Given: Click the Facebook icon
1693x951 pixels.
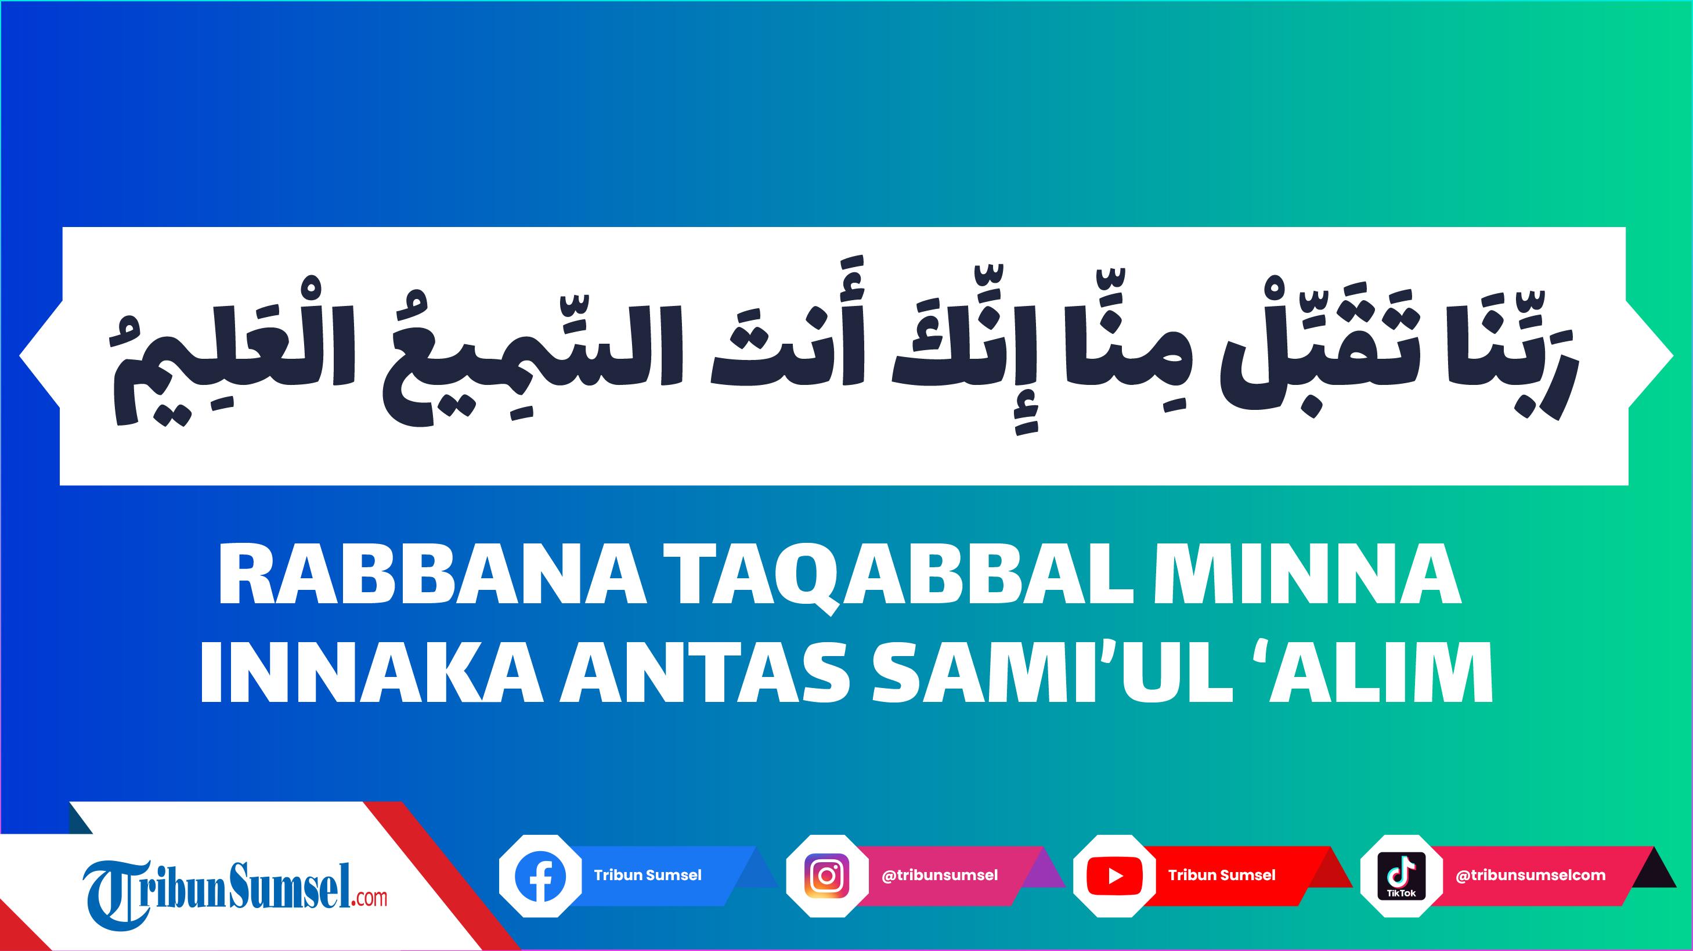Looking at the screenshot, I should [x=540, y=876].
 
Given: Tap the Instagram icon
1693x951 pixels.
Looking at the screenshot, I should [x=827, y=876].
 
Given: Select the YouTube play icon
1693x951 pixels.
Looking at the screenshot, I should [x=1115, y=876].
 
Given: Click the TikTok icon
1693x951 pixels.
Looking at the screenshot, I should [x=1401, y=876].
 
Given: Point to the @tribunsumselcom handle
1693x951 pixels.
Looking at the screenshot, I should [x=1530, y=876].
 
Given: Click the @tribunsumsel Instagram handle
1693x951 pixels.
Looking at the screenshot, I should [x=939, y=876].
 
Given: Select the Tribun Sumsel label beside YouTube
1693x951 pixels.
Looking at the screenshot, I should [x=1222, y=876].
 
